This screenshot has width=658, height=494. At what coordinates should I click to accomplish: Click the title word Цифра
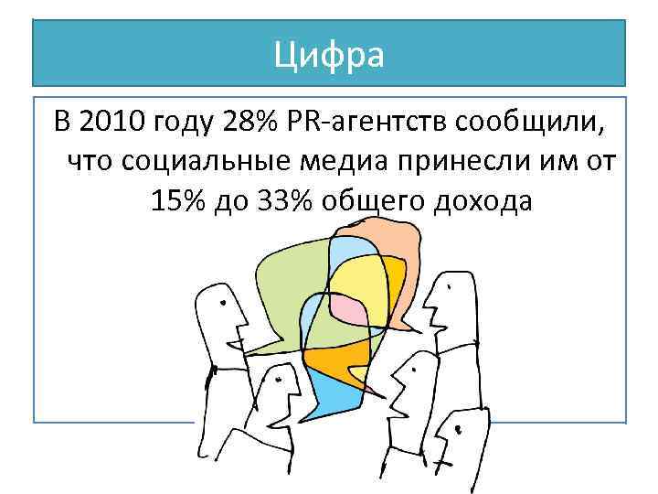329,55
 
